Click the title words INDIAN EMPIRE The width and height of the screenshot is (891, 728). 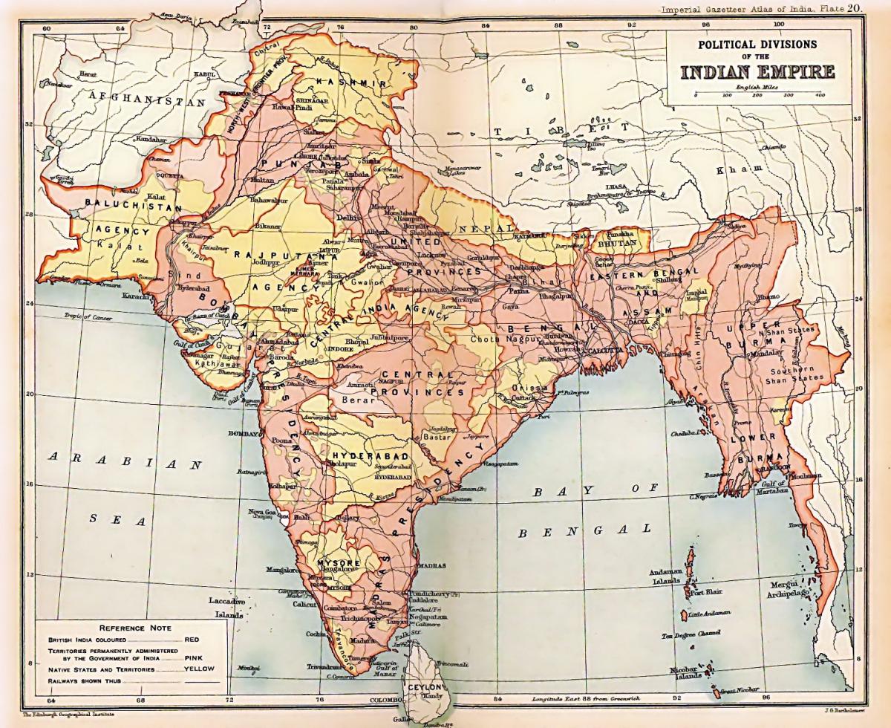pos(757,72)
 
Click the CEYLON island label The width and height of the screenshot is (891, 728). pos(424,688)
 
